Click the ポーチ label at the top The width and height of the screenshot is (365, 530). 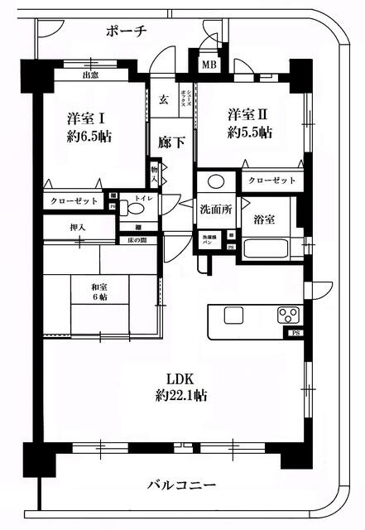tap(127, 31)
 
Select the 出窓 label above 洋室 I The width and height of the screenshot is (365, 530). tap(91, 75)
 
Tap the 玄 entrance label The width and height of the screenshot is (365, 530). tap(164, 99)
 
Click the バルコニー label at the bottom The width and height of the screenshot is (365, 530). tap(182, 484)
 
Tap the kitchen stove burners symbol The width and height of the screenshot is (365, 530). tap(289, 314)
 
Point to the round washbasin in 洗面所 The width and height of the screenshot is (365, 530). tap(215, 181)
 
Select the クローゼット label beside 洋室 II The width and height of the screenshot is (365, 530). tap(271, 180)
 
